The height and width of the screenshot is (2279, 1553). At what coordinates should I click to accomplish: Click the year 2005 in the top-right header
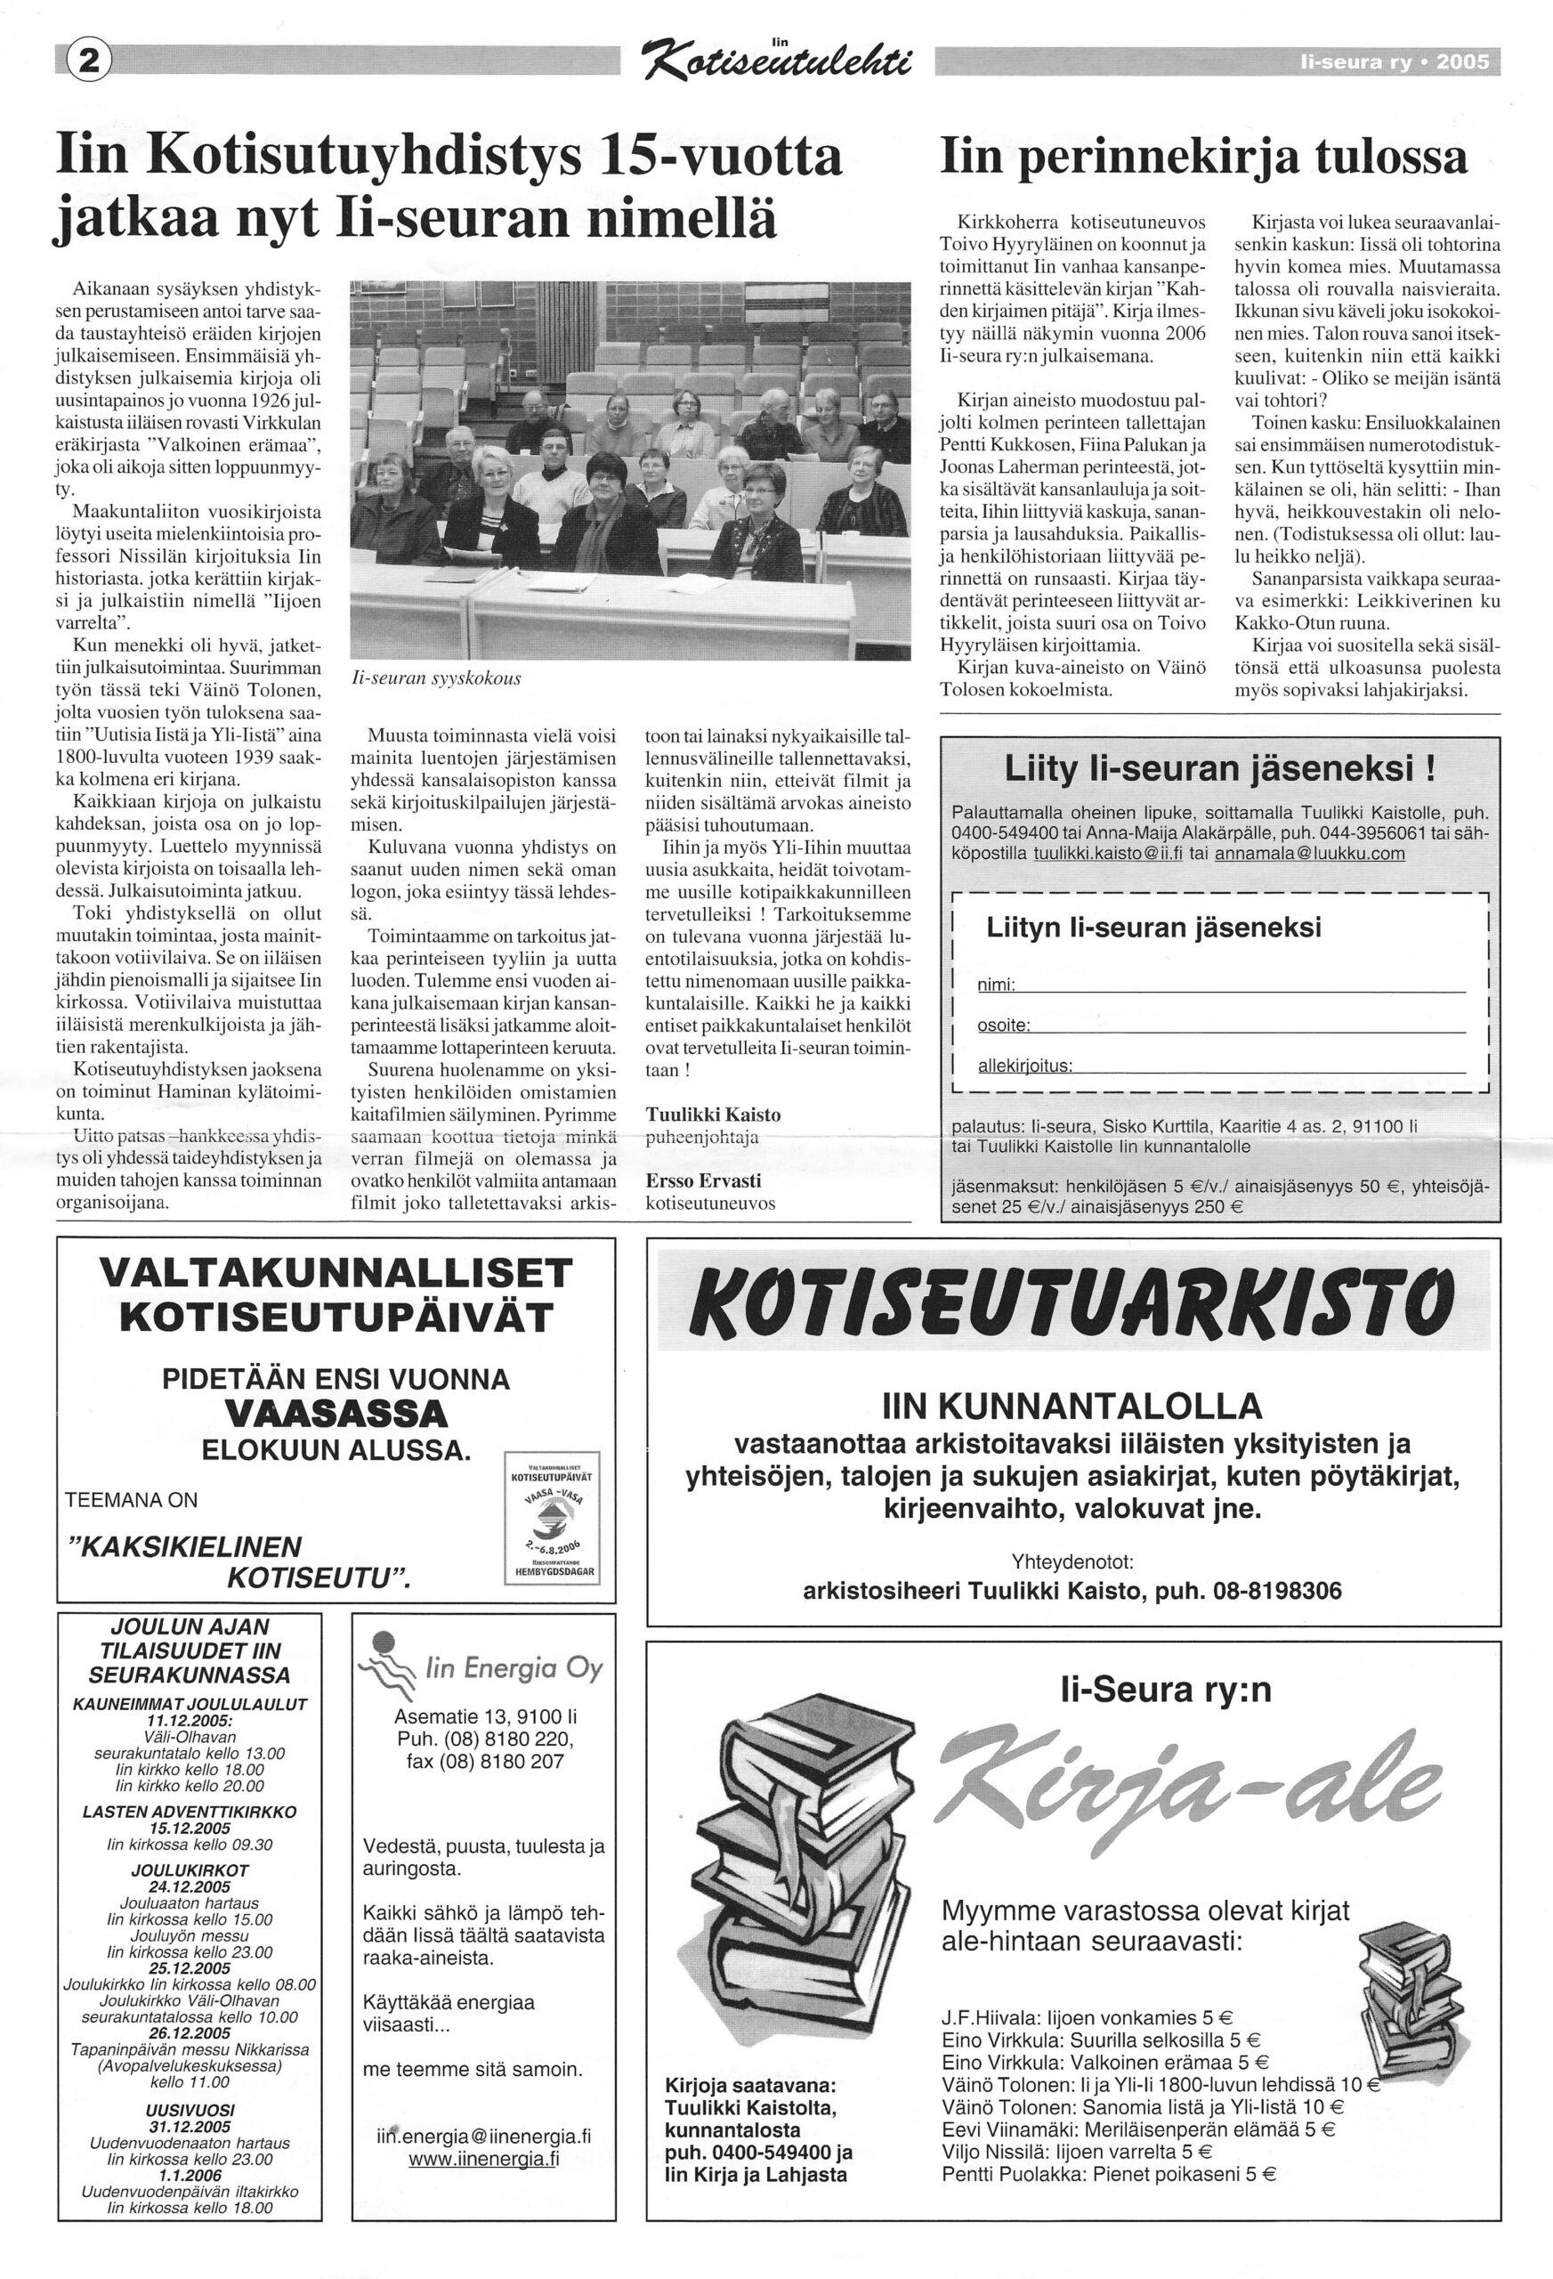coord(1462,62)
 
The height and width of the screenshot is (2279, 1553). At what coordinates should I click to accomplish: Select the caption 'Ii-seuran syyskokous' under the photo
coord(435,677)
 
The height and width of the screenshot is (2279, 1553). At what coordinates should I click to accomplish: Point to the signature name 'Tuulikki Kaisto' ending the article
coord(713,1115)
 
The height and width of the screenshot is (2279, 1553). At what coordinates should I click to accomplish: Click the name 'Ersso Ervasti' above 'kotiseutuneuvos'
coord(702,1180)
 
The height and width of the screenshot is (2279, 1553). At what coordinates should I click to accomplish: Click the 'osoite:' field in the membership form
coord(1221,1026)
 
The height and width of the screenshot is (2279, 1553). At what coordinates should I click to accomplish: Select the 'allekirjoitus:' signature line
coord(1221,1066)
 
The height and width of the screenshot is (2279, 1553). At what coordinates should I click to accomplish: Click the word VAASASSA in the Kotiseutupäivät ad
coord(336,1413)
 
